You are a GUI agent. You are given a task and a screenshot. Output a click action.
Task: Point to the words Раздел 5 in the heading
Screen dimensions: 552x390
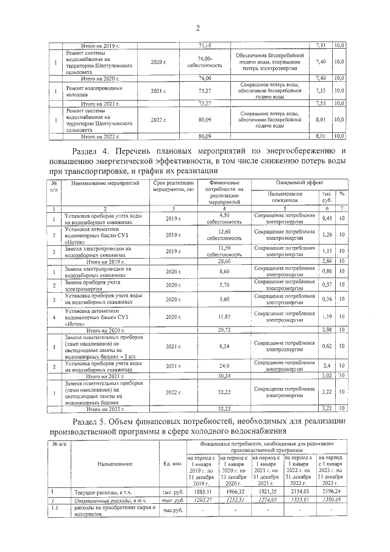[92, 421]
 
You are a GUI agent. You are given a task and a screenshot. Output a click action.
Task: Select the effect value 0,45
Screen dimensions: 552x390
[327, 218]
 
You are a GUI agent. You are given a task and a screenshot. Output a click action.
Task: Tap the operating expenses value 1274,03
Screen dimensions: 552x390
[267, 500]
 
